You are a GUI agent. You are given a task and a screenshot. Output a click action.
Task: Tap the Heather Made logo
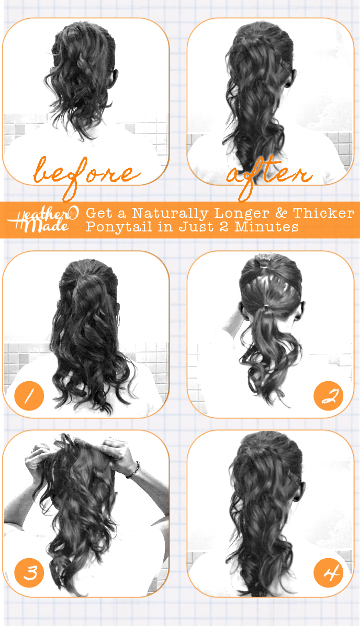coord(42,219)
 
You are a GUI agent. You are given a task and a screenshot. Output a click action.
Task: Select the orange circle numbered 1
coord(29,395)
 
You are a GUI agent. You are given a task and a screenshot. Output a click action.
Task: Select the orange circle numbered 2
coord(329,395)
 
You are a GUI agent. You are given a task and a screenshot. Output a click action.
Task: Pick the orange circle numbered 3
coord(29,572)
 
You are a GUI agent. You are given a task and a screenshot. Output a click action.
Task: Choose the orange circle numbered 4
coord(329,572)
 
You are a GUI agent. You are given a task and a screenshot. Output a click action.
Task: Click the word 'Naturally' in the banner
coord(170,214)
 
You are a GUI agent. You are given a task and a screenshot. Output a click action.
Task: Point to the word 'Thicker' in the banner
coord(323,213)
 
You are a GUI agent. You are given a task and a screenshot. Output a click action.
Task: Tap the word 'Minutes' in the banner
coord(266,227)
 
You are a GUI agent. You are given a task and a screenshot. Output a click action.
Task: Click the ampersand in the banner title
coord(281,213)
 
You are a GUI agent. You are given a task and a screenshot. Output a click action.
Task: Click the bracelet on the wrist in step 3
coord(134,470)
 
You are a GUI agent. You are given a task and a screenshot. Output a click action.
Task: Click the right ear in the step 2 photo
coord(301,311)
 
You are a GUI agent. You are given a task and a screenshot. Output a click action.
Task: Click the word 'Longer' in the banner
coord(242,214)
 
